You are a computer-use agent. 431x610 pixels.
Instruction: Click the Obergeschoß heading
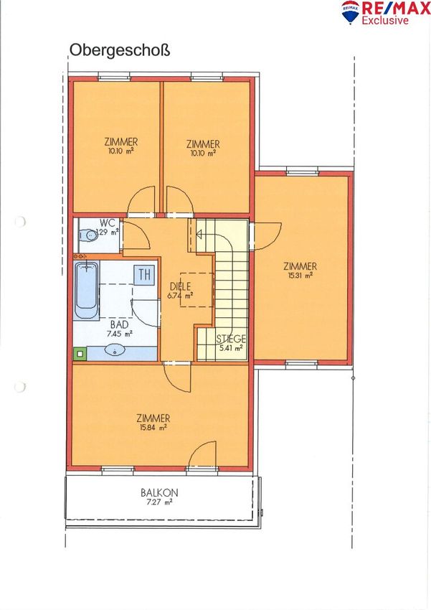(x=120, y=51)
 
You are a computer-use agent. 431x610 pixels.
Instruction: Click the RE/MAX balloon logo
(x=350, y=11)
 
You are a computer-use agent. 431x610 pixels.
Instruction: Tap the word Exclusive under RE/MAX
(x=385, y=20)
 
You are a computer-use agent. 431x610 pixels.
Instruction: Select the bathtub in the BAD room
(x=86, y=290)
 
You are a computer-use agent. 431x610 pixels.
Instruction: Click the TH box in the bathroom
(x=145, y=275)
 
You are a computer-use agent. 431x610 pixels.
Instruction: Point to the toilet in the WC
(x=88, y=235)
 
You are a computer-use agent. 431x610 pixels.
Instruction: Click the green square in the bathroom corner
(x=80, y=354)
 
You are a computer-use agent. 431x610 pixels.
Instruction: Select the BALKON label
(x=159, y=492)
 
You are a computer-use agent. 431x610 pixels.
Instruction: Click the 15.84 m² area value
(x=152, y=428)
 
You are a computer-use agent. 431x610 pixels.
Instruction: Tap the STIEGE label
(x=231, y=339)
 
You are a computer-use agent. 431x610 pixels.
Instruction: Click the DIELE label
(x=181, y=287)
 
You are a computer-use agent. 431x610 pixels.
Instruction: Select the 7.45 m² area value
(x=120, y=334)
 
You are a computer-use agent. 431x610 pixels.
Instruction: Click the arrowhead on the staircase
(x=199, y=235)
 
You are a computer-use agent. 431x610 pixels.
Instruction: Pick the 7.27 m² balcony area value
(x=158, y=502)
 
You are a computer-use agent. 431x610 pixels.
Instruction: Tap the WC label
(x=108, y=223)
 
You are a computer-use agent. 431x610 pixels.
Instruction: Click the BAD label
(x=119, y=324)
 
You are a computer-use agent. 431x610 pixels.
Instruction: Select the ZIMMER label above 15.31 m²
(x=300, y=266)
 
